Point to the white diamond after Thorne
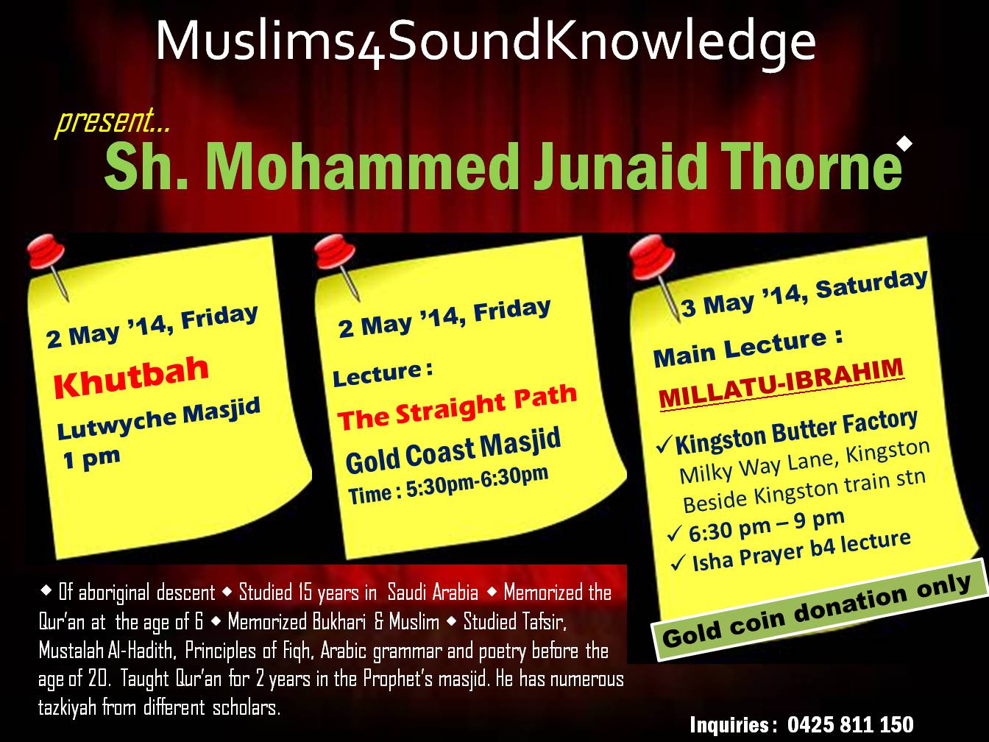click(904, 144)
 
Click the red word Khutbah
click(131, 377)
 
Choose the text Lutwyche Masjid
click(159, 419)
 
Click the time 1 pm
click(91, 459)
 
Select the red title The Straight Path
click(457, 406)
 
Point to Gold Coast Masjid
click(453, 451)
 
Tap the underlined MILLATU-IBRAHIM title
click(781, 384)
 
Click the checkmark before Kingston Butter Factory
click(664, 445)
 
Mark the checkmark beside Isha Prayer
click(678, 562)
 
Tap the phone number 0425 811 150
click(850, 724)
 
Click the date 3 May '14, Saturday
click(804, 293)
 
